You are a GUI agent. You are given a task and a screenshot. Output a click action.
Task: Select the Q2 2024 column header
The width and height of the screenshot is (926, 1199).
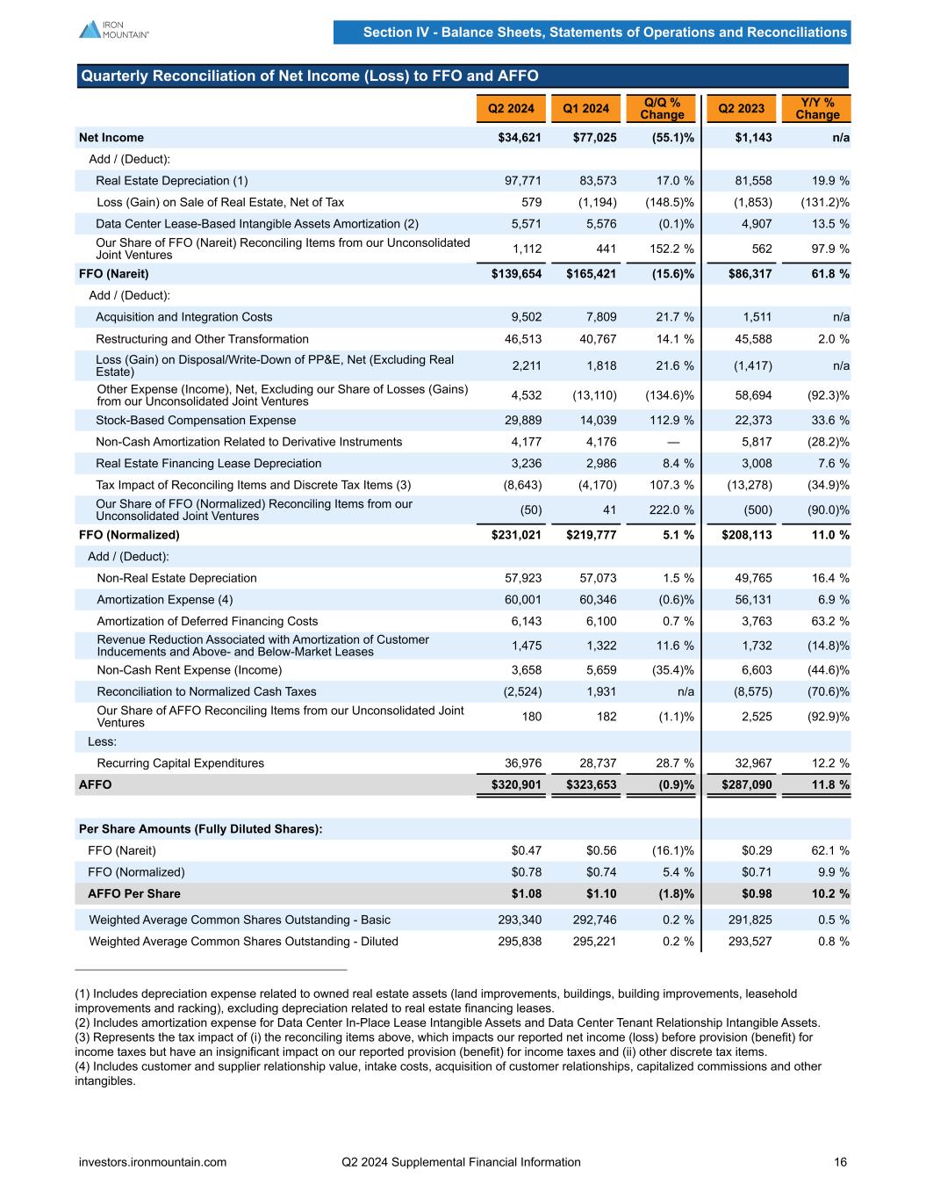point(511,109)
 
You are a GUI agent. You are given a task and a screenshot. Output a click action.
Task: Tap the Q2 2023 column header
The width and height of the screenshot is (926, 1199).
point(741,109)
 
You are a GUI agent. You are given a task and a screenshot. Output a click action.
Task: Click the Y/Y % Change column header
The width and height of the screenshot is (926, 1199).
point(817,109)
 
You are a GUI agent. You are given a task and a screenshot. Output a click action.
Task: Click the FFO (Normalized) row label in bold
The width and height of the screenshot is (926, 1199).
point(129,535)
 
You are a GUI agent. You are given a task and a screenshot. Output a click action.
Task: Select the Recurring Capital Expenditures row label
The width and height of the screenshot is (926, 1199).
point(180,763)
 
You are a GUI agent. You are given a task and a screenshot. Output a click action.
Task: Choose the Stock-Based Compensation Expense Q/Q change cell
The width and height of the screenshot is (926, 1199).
point(669,421)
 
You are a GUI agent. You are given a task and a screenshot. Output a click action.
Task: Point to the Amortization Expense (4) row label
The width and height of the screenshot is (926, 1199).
point(165,600)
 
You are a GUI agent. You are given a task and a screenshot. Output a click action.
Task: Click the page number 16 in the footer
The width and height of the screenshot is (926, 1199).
point(840,1162)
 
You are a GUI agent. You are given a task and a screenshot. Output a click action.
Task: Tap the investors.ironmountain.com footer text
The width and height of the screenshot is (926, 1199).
point(153,1162)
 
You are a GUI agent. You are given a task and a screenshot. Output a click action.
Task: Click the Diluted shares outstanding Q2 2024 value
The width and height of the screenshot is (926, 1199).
point(520,942)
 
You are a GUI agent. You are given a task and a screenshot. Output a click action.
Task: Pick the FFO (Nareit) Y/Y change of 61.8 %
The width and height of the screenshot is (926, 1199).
point(829,274)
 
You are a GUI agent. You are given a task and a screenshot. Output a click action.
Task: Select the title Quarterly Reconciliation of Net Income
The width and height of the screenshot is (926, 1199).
point(309,76)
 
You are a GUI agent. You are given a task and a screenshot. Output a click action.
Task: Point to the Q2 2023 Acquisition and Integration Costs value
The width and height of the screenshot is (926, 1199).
point(757,317)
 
